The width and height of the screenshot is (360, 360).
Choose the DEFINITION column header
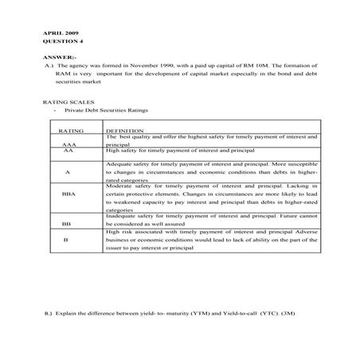point(125,129)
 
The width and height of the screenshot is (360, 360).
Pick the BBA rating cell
point(68,194)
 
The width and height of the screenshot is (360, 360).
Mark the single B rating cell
point(66,239)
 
